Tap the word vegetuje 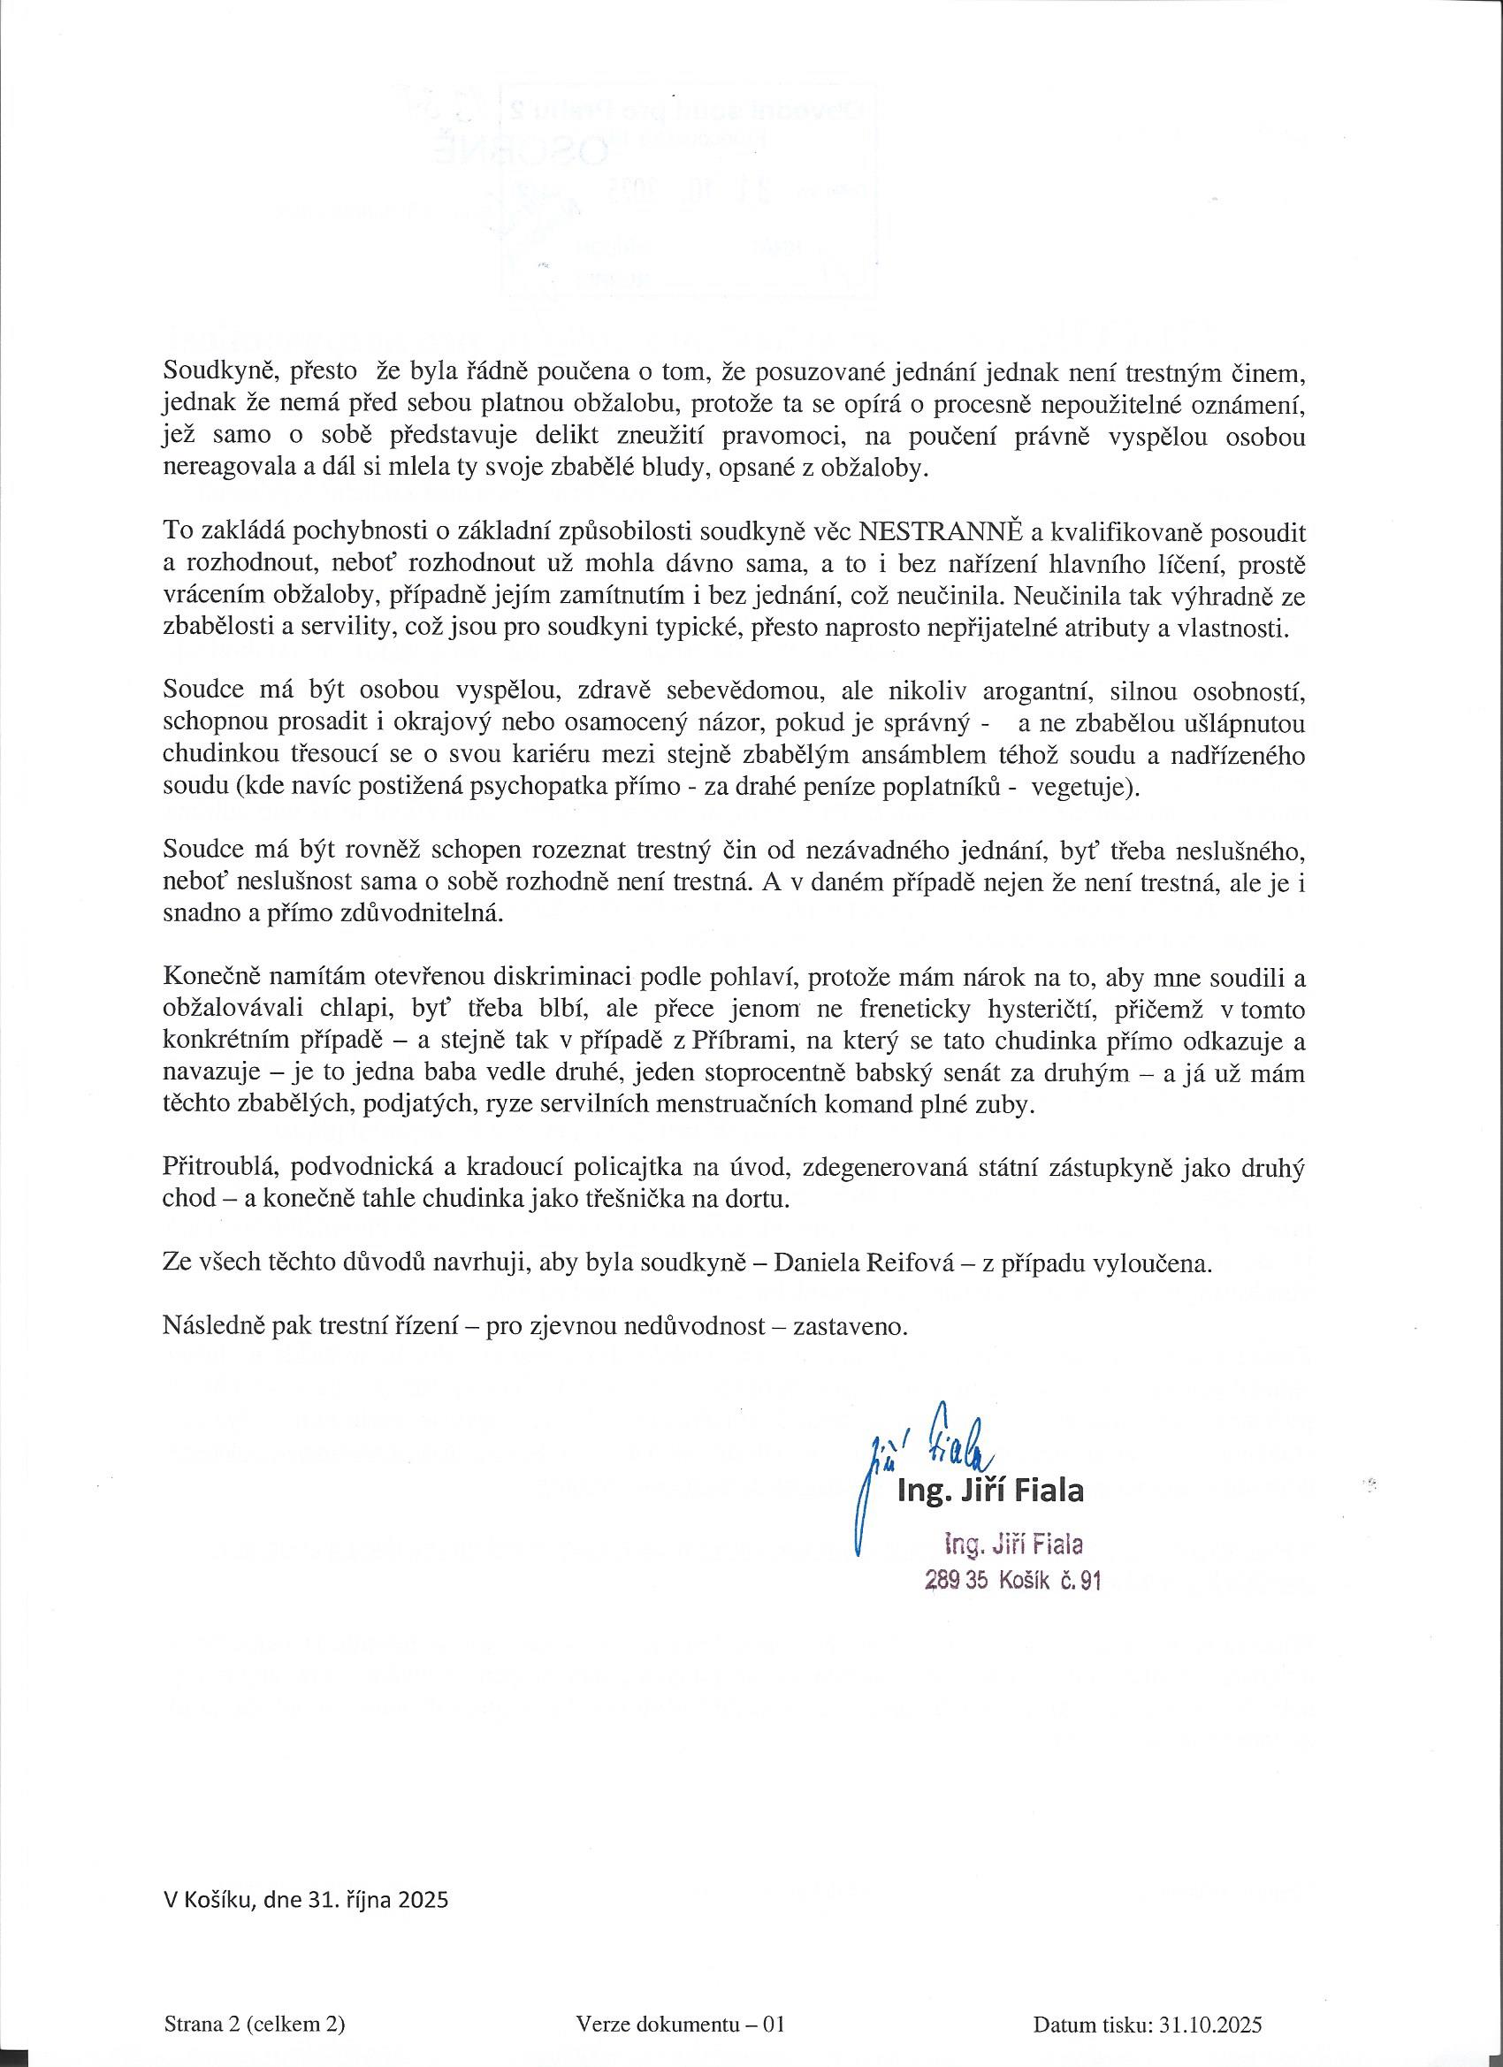(x=1084, y=789)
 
